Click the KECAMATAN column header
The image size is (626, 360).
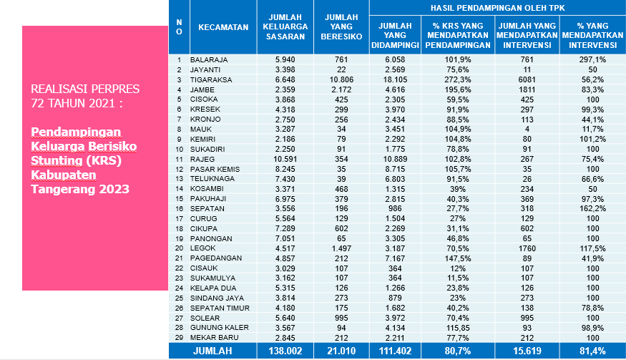(223, 27)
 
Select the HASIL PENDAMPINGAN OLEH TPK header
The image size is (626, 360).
(497, 8)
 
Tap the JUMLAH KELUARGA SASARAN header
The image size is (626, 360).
(285, 26)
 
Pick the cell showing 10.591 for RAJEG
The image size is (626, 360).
(285, 159)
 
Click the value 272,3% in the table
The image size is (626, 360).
(458, 79)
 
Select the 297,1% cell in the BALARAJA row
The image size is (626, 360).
(592, 59)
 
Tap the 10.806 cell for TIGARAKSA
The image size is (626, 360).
(341, 79)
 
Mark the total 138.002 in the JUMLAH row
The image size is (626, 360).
(285, 351)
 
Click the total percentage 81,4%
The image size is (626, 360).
(592, 351)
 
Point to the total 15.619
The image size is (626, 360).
(527, 351)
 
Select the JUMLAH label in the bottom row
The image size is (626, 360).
(212, 351)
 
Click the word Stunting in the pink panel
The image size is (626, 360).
(57, 160)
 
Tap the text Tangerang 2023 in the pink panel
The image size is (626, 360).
(80, 189)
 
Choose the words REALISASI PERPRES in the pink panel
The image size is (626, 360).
(85, 89)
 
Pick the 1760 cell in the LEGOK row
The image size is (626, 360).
(527, 248)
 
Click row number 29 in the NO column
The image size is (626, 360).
(179, 338)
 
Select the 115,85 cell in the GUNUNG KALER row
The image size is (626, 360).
(458, 328)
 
